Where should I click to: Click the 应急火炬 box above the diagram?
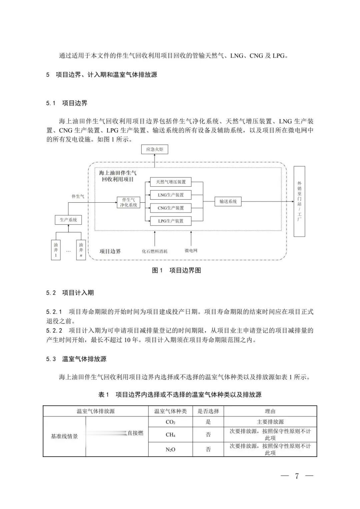click(x=155, y=149)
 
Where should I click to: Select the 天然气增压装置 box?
click(x=171, y=182)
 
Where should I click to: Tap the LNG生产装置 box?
click(x=171, y=195)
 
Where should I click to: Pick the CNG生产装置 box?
click(x=171, y=208)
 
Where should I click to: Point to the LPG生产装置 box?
click(x=171, y=221)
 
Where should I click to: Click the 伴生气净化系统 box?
click(x=129, y=202)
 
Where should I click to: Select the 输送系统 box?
click(x=228, y=202)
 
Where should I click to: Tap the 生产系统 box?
click(x=68, y=220)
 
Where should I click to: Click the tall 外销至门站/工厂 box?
click(x=299, y=202)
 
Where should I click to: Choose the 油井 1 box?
click(x=56, y=250)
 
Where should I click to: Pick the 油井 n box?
click(x=81, y=250)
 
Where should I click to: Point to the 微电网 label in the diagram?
click(x=191, y=250)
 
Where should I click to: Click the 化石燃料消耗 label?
click(x=155, y=251)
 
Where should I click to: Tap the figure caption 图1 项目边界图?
click(x=176, y=270)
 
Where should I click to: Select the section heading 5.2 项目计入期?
click(x=70, y=293)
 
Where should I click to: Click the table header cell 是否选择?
click(x=208, y=411)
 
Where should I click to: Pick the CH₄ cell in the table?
click(x=170, y=435)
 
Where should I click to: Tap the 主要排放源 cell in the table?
click(x=270, y=422)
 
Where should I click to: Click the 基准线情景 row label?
click(x=64, y=436)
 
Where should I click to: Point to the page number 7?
click(x=297, y=476)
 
